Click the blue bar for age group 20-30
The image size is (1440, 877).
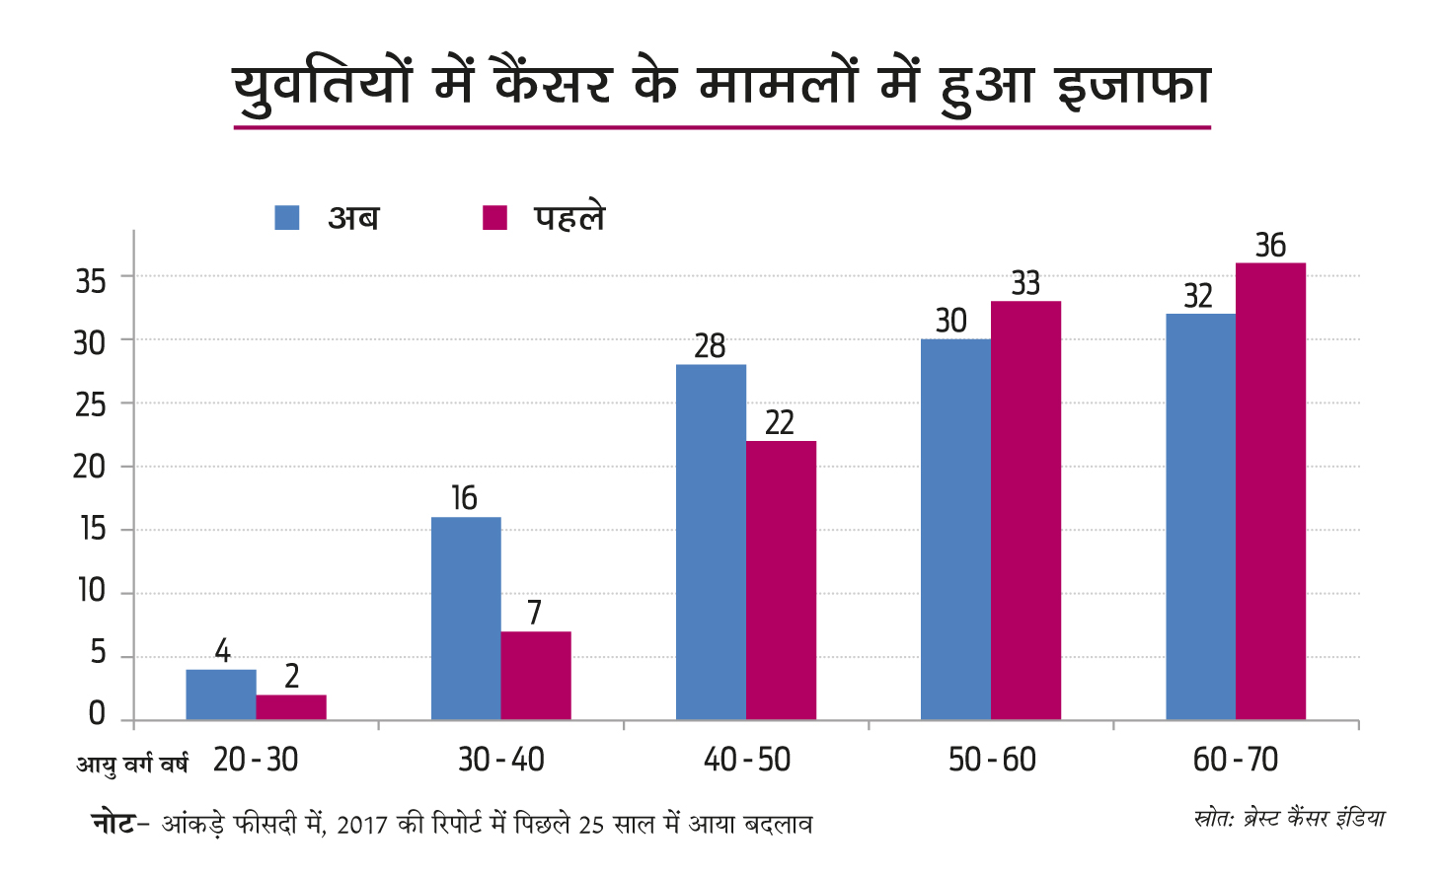(x=221, y=694)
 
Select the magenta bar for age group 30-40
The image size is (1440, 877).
(x=536, y=676)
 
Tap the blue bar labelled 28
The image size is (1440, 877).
(x=711, y=542)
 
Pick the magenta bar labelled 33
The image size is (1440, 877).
(x=1025, y=510)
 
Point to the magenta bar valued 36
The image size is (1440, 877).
(x=1270, y=491)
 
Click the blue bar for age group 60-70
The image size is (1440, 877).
(x=1200, y=517)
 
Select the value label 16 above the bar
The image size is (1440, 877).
(x=464, y=498)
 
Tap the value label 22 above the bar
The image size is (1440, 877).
(x=780, y=422)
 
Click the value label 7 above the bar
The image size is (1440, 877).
(x=534, y=613)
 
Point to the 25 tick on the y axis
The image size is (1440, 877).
(x=90, y=404)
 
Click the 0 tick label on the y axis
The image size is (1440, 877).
(x=96, y=713)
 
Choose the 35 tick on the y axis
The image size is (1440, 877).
(x=90, y=281)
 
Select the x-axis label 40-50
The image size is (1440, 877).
(x=747, y=760)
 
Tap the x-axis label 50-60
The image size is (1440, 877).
(x=992, y=760)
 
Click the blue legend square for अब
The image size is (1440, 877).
(x=286, y=217)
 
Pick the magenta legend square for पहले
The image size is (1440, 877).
(x=494, y=217)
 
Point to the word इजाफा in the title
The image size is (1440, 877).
(x=1133, y=85)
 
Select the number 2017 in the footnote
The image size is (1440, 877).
(x=361, y=825)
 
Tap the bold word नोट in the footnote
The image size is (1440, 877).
(x=113, y=823)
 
